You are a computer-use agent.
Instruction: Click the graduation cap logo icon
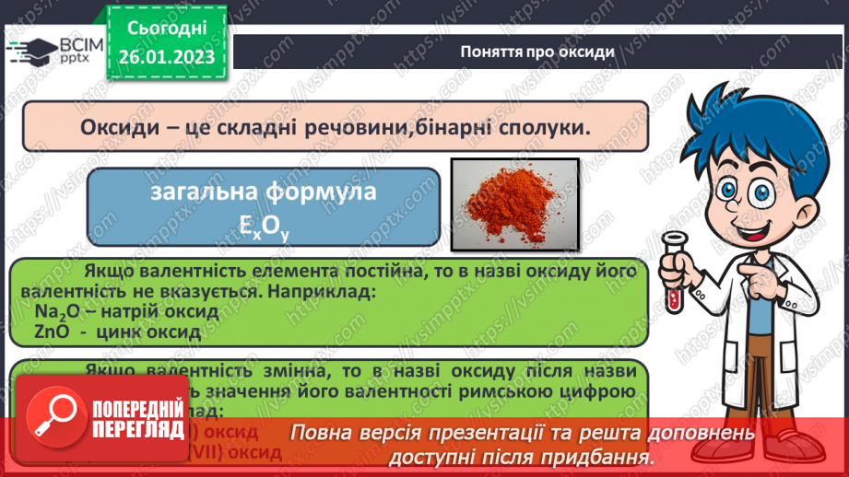coord(30,50)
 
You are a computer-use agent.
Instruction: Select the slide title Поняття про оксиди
coord(537,52)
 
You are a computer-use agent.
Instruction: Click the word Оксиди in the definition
coord(116,127)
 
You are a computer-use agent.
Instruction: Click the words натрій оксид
coord(170,311)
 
